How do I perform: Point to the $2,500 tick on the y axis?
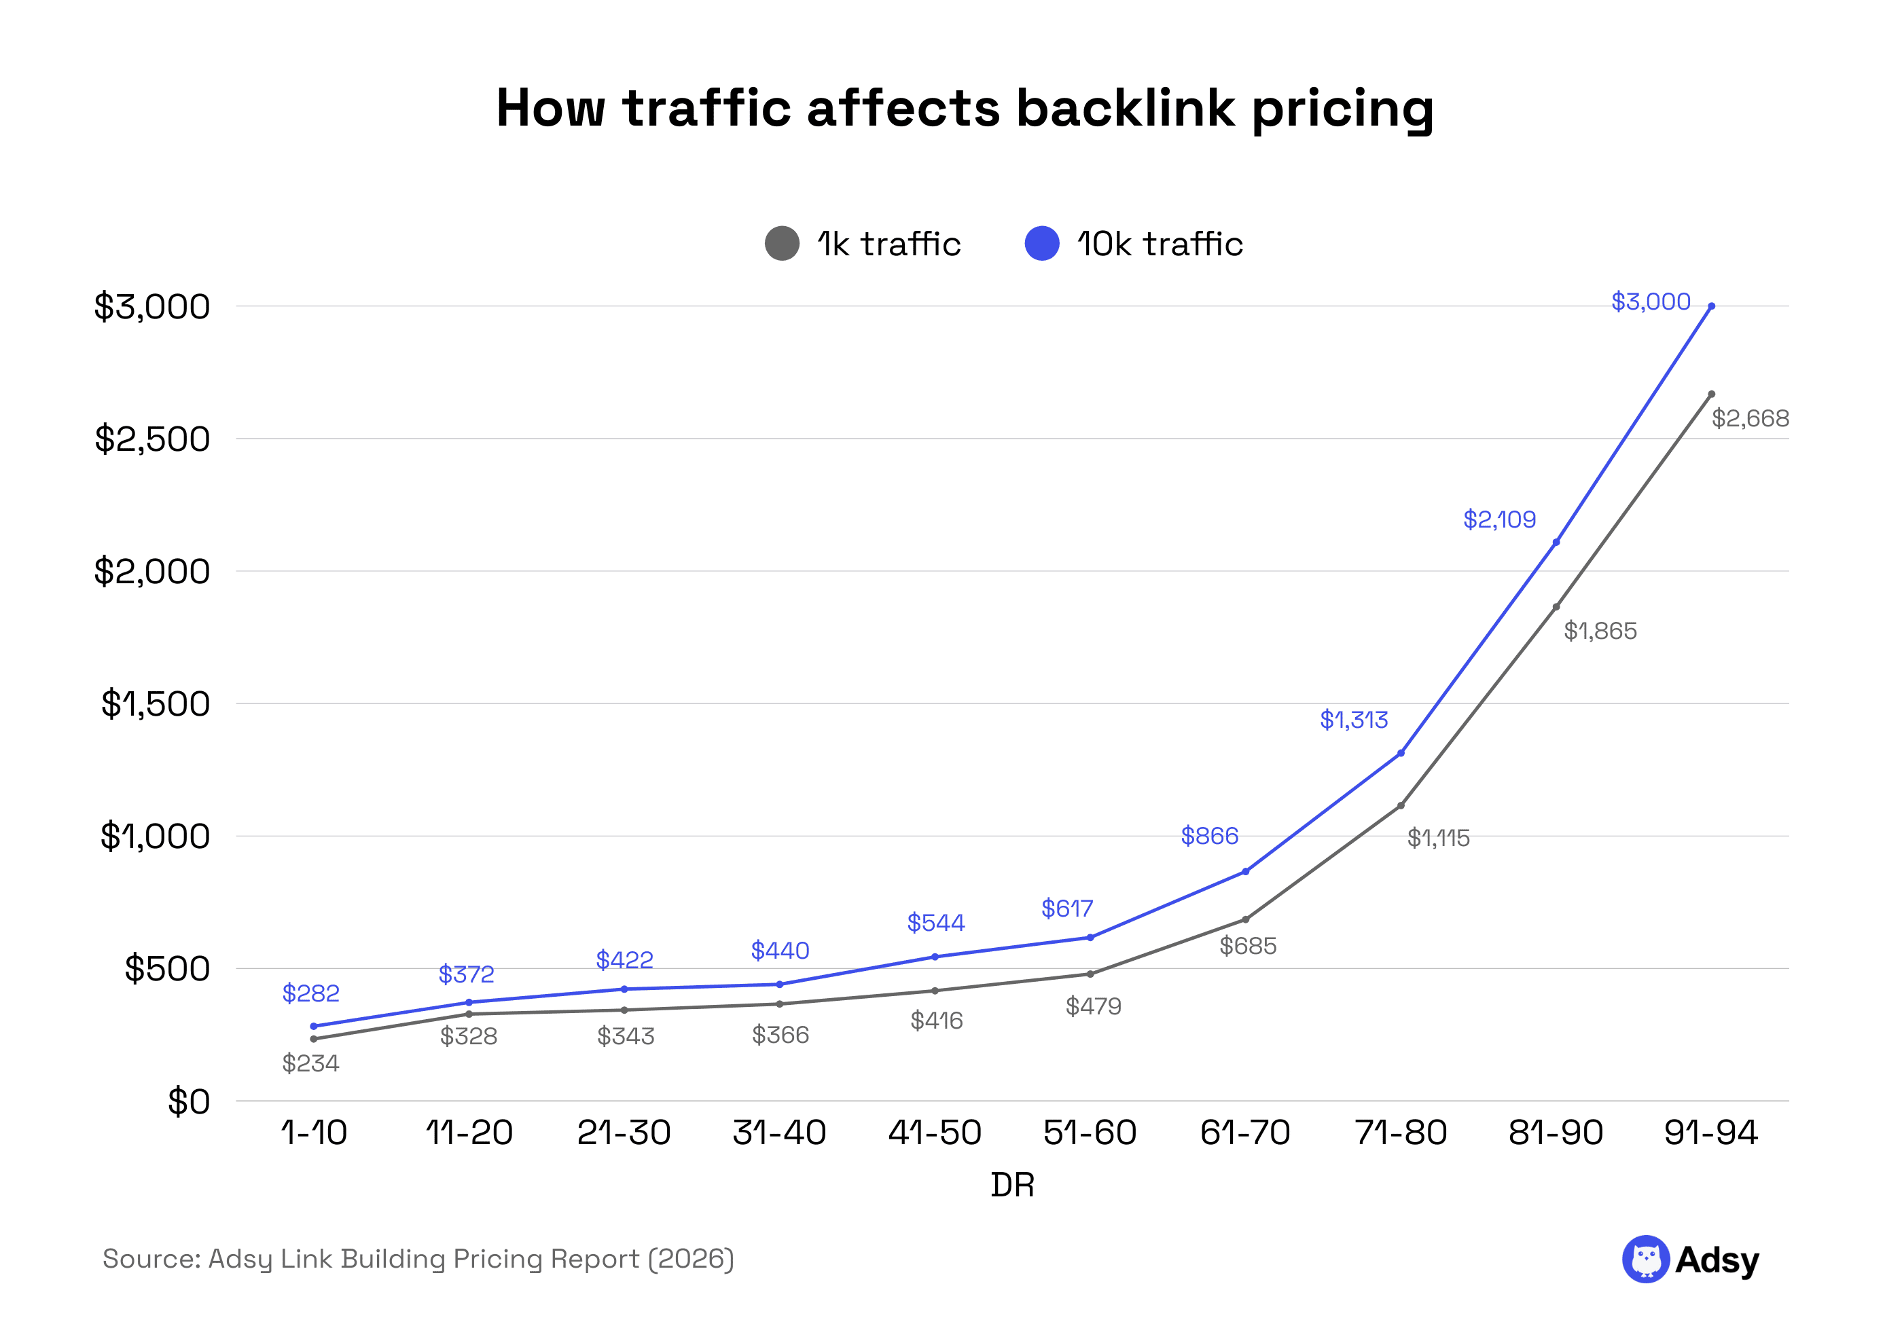tap(152, 439)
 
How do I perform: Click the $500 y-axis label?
tap(167, 970)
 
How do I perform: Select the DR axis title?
tap(1012, 1186)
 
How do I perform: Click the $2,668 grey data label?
tap(1750, 419)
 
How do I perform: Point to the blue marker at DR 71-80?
tap(1400, 753)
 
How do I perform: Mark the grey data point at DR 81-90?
tap(1556, 607)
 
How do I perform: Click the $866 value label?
tap(1208, 837)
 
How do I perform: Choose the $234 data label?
tap(310, 1063)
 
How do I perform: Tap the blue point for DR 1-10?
tap(314, 1027)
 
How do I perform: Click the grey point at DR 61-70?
tap(1245, 920)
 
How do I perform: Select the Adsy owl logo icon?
tap(1645, 1260)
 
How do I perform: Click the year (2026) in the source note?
tap(691, 1260)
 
